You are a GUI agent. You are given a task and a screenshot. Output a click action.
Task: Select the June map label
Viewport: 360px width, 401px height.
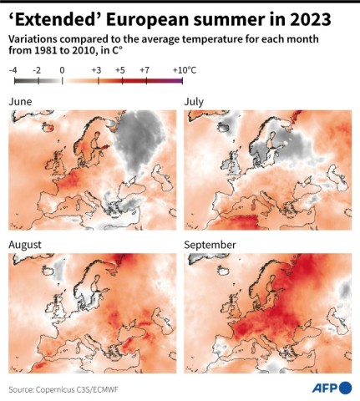point(22,101)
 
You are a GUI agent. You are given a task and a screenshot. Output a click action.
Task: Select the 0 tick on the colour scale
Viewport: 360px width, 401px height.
point(61,71)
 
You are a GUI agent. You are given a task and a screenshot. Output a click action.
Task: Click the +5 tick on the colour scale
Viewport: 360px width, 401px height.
point(120,71)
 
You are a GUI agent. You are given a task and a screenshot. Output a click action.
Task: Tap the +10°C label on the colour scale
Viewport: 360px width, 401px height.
point(183,71)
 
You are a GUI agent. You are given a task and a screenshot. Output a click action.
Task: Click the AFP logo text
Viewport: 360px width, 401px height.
point(327,388)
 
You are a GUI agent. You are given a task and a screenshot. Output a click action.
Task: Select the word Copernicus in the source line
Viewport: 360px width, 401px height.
point(62,389)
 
